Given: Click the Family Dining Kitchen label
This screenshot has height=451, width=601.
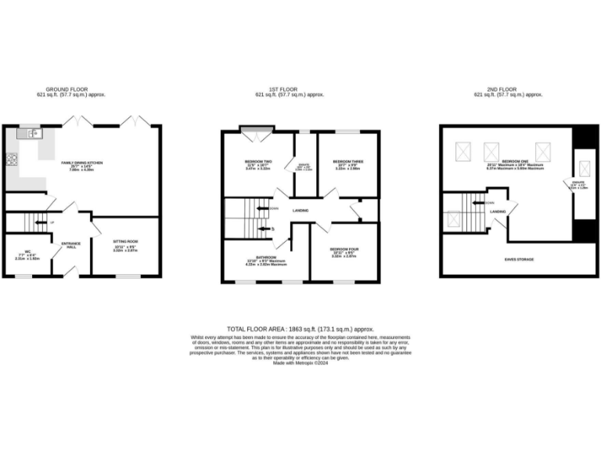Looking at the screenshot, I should (x=83, y=164).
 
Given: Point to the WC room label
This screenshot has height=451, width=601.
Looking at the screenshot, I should (x=28, y=254).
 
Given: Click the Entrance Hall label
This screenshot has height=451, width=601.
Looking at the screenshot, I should (x=71, y=244).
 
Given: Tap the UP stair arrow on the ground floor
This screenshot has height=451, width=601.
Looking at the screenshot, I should (x=52, y=222).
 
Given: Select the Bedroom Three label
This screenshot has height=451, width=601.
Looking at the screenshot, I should (x=347, y=163).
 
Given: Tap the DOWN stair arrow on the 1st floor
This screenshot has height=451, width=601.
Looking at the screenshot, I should (x=273, y=207).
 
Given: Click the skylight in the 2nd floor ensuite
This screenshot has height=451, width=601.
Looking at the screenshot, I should (x=583, y=169).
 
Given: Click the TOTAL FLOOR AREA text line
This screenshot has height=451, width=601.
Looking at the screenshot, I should (x=300, y=330).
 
